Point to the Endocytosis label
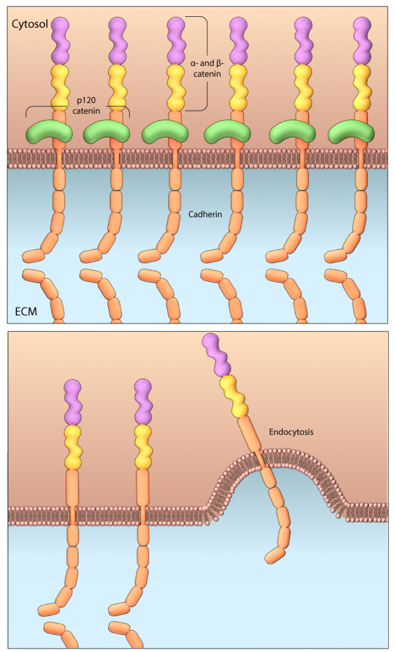pos(292,432)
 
